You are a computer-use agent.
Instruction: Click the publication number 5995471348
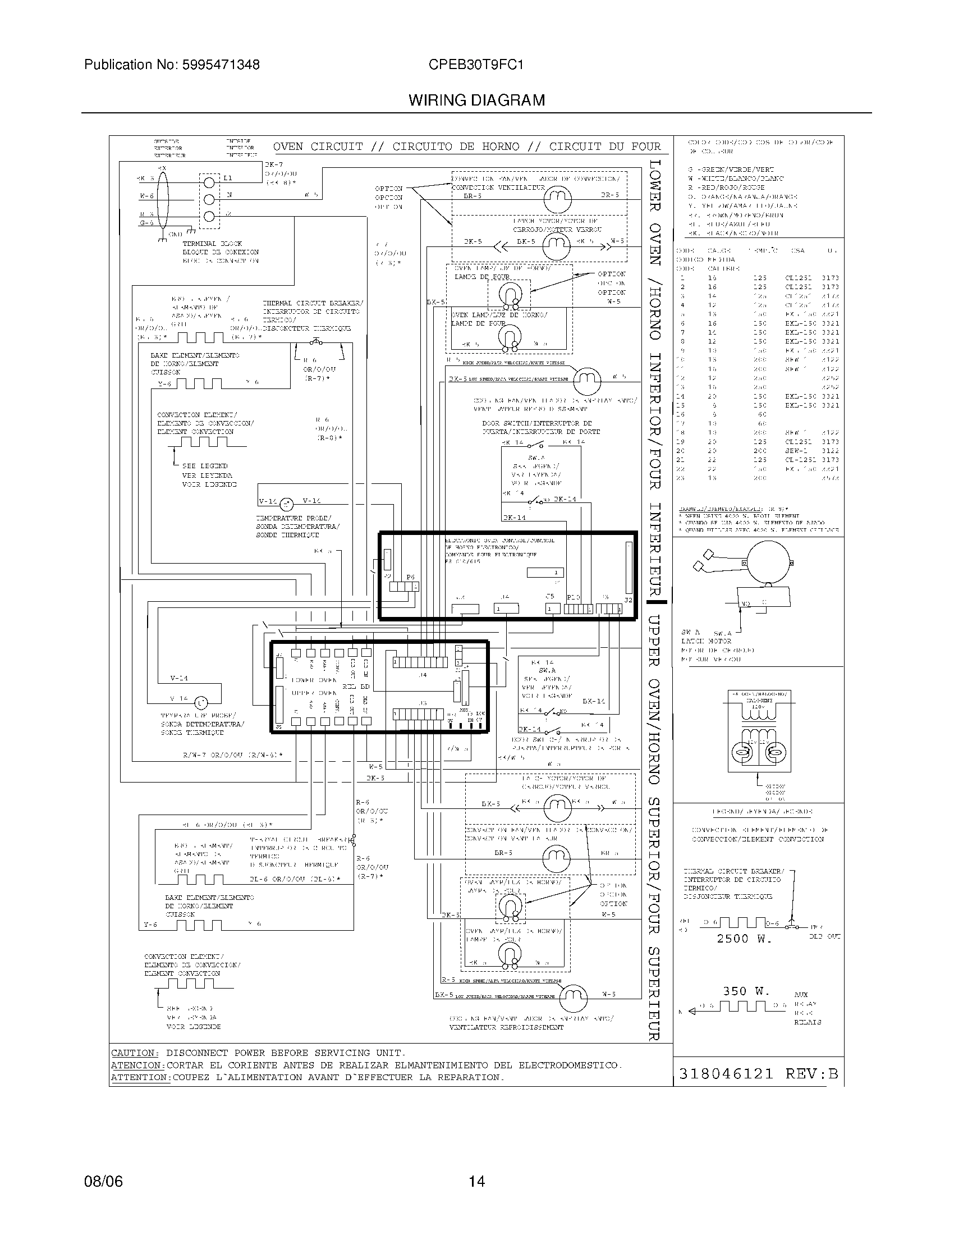point(221,65)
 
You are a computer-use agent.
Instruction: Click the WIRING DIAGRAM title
point(476,100)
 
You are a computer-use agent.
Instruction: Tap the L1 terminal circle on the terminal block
point(209,182)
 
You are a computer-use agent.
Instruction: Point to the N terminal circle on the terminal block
point(209,199)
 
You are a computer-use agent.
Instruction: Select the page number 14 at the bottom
point(476,1181)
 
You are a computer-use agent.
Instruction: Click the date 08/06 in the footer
point(103,1181)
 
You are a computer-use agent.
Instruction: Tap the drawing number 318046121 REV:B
point(758,1073)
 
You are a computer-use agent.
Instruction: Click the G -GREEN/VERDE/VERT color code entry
point(731,170)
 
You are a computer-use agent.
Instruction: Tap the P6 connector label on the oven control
point(410,577)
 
